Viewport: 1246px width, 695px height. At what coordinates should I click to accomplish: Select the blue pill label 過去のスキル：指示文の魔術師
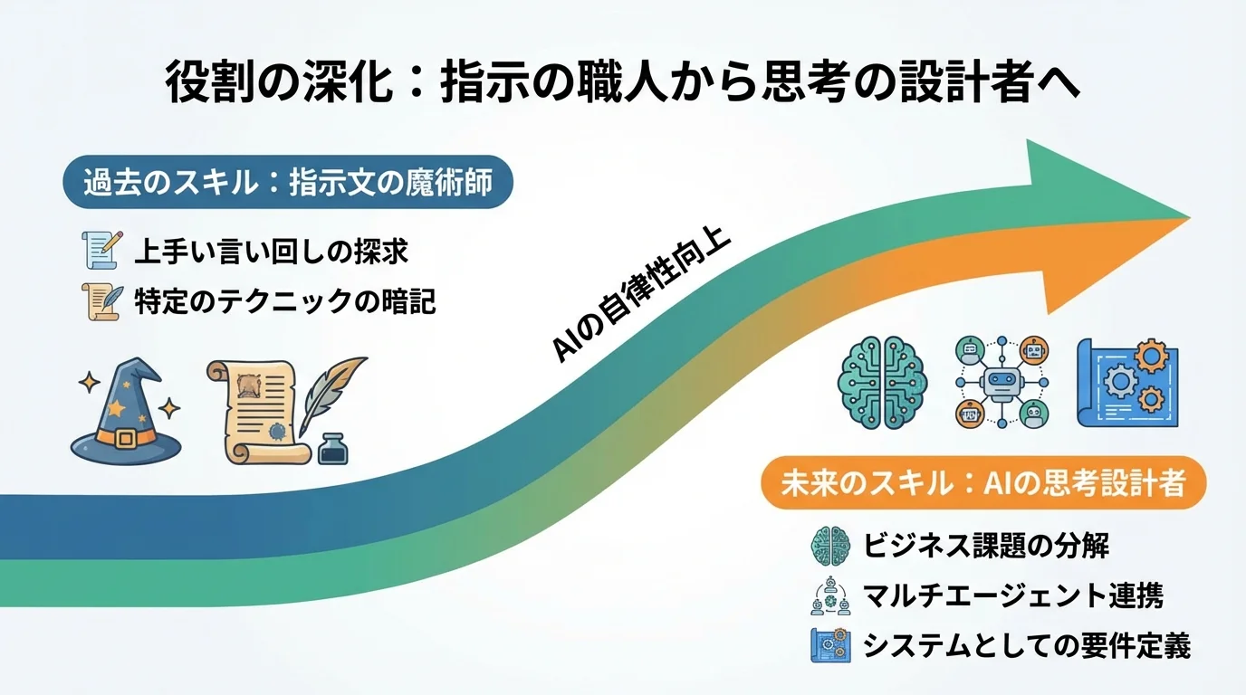[x=287, y=184]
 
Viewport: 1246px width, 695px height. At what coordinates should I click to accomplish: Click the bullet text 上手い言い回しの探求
[x=271, y=252]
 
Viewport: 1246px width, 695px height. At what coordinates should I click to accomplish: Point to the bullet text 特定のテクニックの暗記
[x=284, y=301]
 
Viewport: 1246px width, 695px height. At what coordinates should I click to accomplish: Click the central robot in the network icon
[x=1000, y=382]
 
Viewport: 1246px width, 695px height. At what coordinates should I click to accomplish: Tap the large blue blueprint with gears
[x=1126, y=381]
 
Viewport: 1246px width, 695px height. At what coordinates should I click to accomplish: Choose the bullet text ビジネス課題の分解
[x=986, y=546]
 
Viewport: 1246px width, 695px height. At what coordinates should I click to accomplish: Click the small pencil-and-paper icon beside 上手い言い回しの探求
[x=101, y=250]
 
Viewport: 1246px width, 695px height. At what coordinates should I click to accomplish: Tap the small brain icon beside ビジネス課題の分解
[x=829, y=545]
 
